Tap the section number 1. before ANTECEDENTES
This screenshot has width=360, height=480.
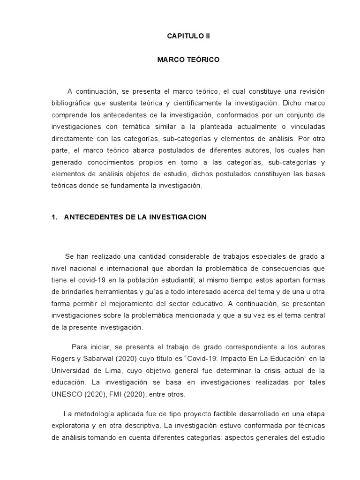click(x=54, y=217)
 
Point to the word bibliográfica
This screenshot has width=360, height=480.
click(x=71, y=103)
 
